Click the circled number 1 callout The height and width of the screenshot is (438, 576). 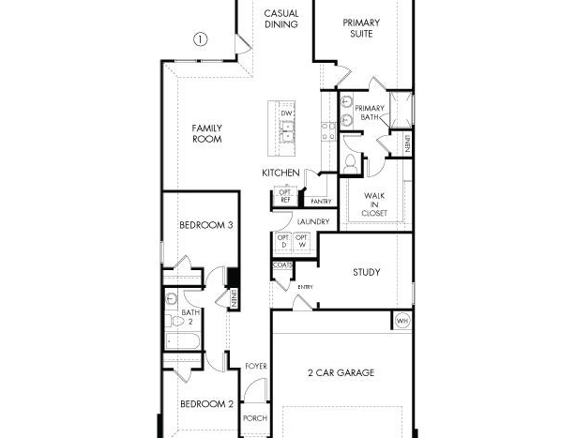tap(200, 39)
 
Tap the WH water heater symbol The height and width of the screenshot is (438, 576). tap(402, 322)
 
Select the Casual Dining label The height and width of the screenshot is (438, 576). tap(281, 19)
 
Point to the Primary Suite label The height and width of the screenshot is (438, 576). tap(361, 28)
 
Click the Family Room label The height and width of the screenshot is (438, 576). tap(206, 133)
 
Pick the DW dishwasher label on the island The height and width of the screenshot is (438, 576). tap(286, 113)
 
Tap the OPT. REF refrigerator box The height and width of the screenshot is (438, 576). tap(285, 196)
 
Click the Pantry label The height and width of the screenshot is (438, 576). tap(321, 202)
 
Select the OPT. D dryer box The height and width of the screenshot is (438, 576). tap(283, 243)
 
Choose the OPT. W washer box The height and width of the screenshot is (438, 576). tap(302, 243)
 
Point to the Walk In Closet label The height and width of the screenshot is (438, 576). tap(374, 204)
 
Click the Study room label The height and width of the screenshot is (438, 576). tap(366, 272)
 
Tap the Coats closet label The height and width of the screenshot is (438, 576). tap(283, 264)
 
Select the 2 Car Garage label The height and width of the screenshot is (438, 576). tap(341, 372)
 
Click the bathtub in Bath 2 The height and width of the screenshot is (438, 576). tap(183, 341)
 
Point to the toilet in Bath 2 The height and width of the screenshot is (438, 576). tap(174, 322)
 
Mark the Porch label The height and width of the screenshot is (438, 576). tap(255, 418)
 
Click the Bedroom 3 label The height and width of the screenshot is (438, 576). tap(206, 225)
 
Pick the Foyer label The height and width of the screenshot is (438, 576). tap(256, 366)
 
